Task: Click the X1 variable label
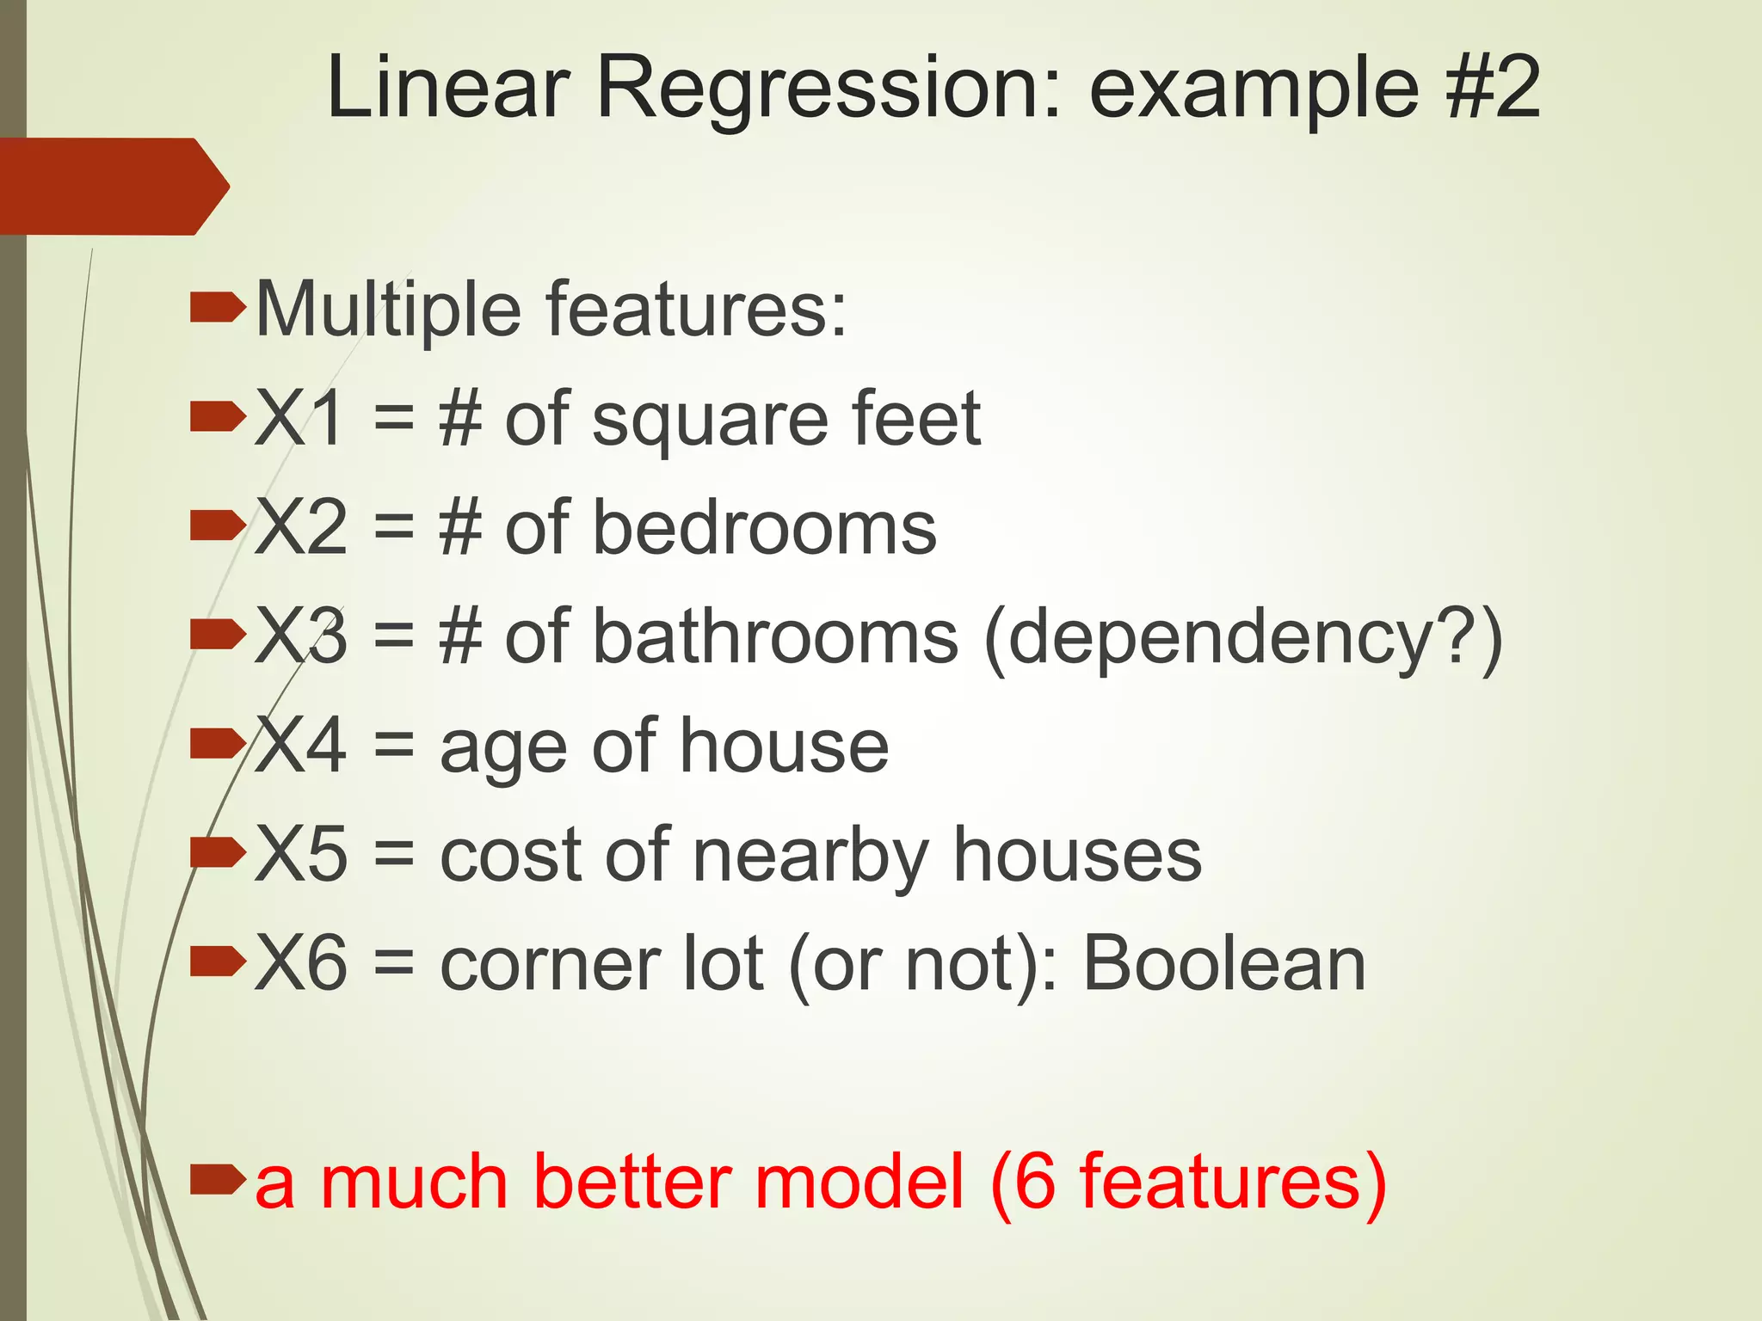point(300,419)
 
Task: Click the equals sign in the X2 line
point(394,528)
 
